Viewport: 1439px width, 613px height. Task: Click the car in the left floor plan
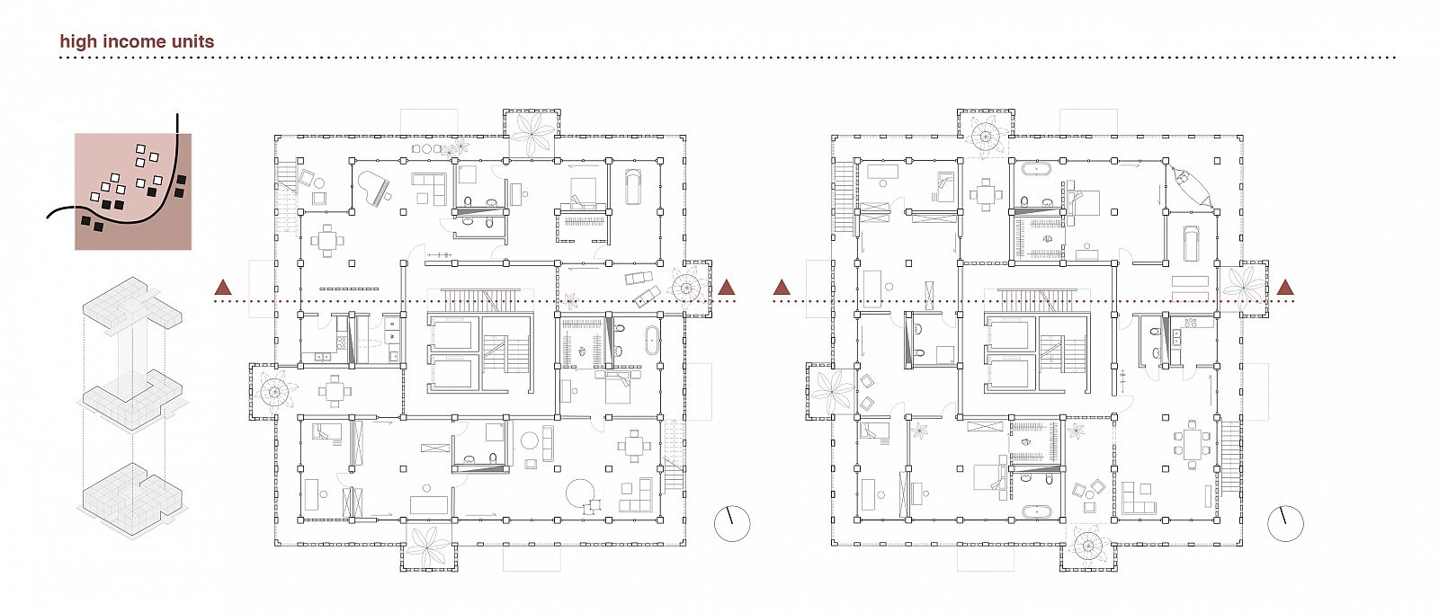tap(633, 186)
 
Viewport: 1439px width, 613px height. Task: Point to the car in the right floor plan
tap(1191, 244)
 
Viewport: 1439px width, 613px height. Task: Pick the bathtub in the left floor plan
tap(651, 340)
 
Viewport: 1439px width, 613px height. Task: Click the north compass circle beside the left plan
tap(732, 524)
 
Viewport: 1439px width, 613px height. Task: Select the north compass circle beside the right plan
tap(1285, 524)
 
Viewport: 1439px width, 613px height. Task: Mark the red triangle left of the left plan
tap(223, 288)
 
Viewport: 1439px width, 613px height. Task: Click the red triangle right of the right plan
tap(1285, 288)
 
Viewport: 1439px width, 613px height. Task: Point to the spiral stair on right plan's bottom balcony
tap(1089, 546)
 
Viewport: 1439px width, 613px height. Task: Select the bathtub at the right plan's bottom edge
tap(1039, 512)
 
